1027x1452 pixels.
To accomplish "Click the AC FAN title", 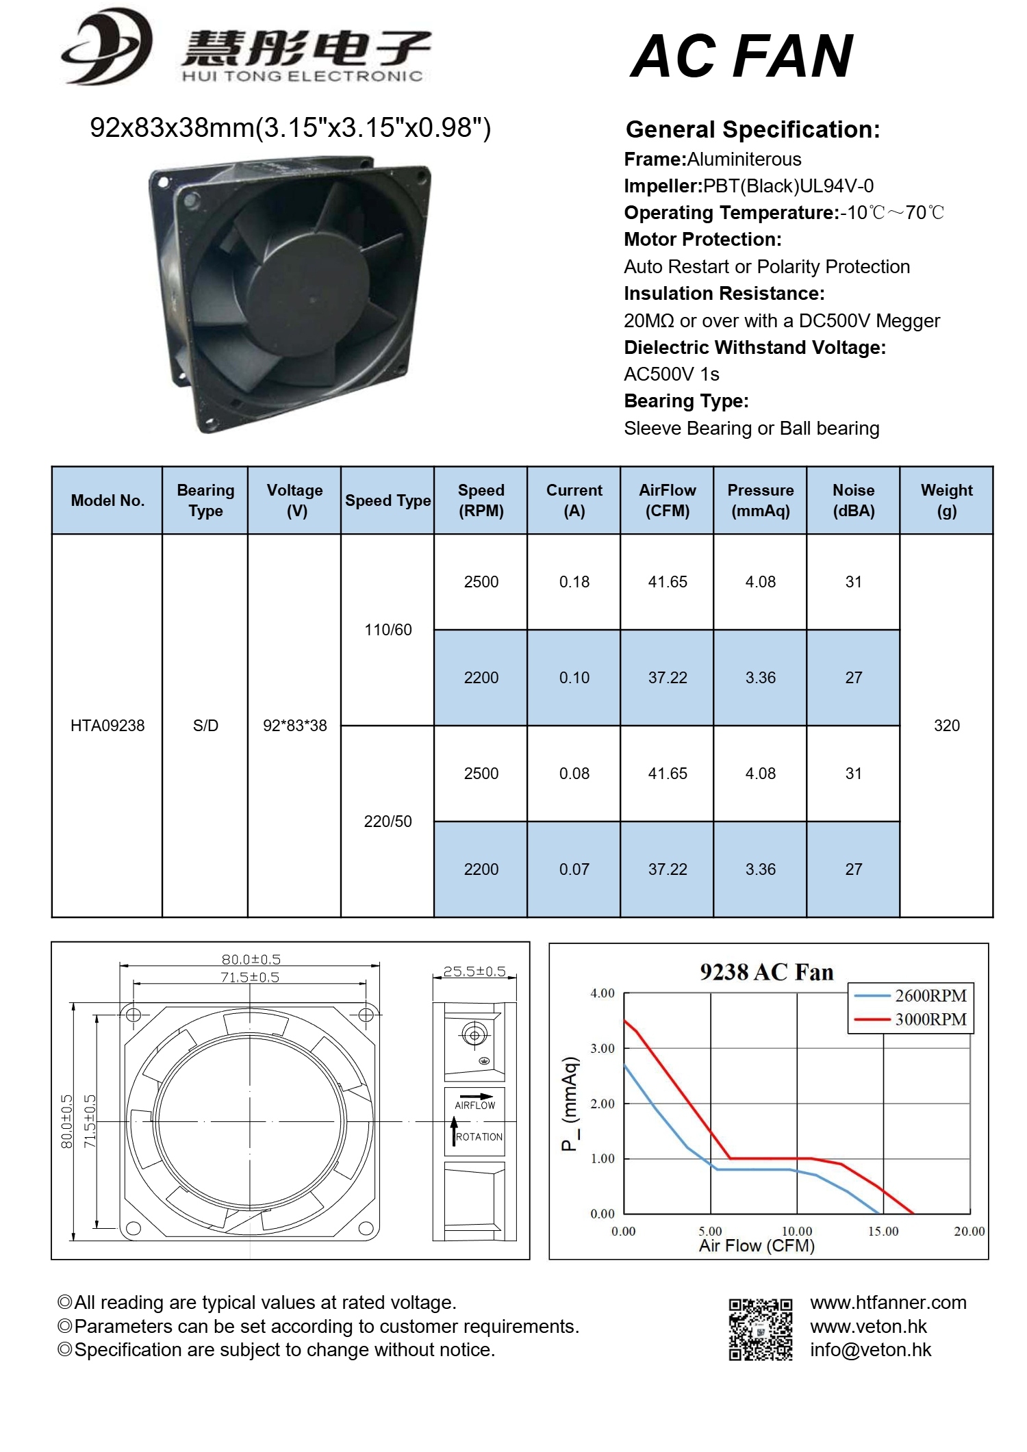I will click(x=741, y=57).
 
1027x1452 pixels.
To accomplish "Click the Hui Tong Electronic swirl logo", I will click(x=107, y=47).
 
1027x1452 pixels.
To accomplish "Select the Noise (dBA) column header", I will click(x=853, y=500).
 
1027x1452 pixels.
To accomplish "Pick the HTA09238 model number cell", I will click(x=107, y=726).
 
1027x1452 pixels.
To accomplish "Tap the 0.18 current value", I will click(x=574, y=582).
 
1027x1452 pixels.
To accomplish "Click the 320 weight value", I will click(x=946, y=726).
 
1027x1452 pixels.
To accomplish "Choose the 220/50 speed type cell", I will click(x=388, y=821).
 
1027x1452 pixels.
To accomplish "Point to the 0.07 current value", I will click(x=574, y=869).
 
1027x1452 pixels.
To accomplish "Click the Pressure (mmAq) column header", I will click(x=760, y=500).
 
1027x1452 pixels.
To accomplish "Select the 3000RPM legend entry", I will click(x=930, y=1019).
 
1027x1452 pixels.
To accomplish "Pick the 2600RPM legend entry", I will click(x=930, y=995).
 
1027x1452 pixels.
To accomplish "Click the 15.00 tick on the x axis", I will click(x=883, y=1232).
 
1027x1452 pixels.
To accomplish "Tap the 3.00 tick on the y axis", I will click(x=603, y=1048).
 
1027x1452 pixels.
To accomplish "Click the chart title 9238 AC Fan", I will click(x=766, y=972).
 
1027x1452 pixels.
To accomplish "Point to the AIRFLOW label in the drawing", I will click(x=474, y=1105).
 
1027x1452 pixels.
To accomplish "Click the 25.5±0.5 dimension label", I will click(x=474, y=971).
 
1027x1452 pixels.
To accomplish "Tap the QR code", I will click(x=760, y=1329).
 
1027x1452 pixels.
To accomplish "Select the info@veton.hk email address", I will click(x=870, y=1349).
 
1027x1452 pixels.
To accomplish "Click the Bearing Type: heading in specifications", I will click(x=686, y=401).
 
